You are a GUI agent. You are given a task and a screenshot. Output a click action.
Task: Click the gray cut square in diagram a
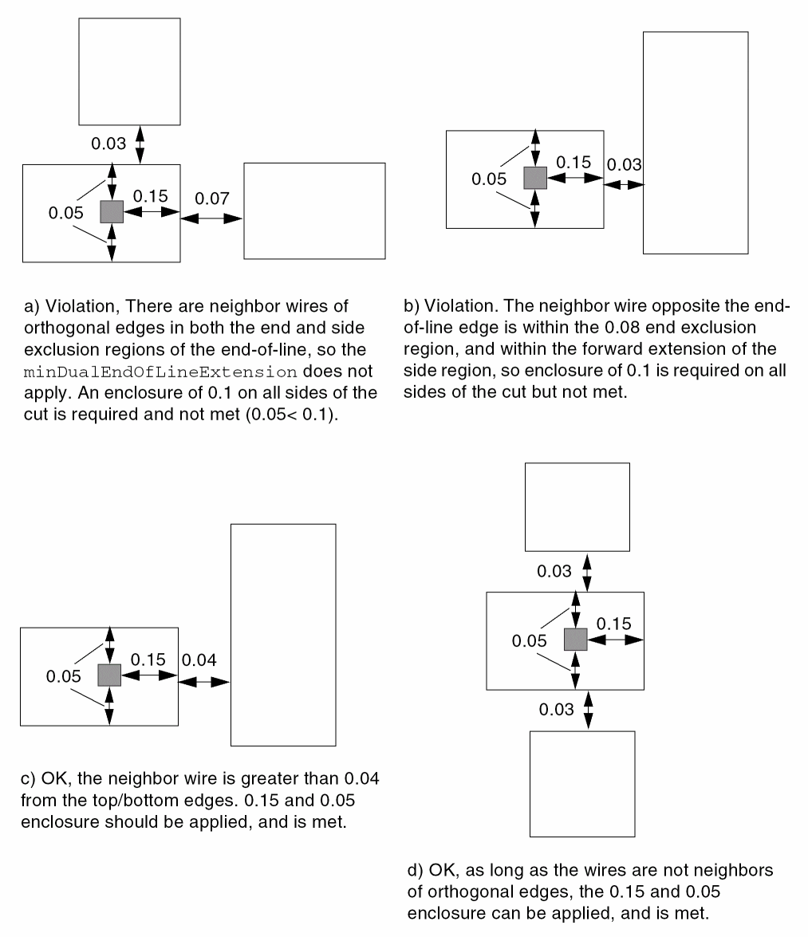coord(111,211)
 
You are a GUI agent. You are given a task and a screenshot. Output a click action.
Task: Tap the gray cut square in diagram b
coord(534,178)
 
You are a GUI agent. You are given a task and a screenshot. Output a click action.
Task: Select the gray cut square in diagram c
coord(108,675)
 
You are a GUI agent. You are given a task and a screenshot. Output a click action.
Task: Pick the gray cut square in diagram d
coord(575,640)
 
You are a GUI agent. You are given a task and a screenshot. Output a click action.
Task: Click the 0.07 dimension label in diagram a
coord(212,198)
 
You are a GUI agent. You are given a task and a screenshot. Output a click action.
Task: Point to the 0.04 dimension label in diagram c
coord(199,660)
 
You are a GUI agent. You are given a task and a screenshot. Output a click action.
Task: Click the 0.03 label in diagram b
coord(624,165)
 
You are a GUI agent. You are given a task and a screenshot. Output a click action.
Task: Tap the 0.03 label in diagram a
coord(108,144)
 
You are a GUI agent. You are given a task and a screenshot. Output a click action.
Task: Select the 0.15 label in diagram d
coord(613,623)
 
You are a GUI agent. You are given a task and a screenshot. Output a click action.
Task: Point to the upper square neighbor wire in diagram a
coord(129,71)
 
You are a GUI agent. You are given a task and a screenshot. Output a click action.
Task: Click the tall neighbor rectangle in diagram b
coord(695,143)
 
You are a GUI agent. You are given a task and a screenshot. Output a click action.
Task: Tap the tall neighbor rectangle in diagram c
coord(282,634)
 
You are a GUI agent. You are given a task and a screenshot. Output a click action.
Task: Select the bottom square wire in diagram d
coord(582,783)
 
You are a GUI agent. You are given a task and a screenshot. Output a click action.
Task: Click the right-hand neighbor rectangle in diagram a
coord(314,211)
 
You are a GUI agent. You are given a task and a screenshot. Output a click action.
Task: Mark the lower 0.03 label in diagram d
coord(556,710)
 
